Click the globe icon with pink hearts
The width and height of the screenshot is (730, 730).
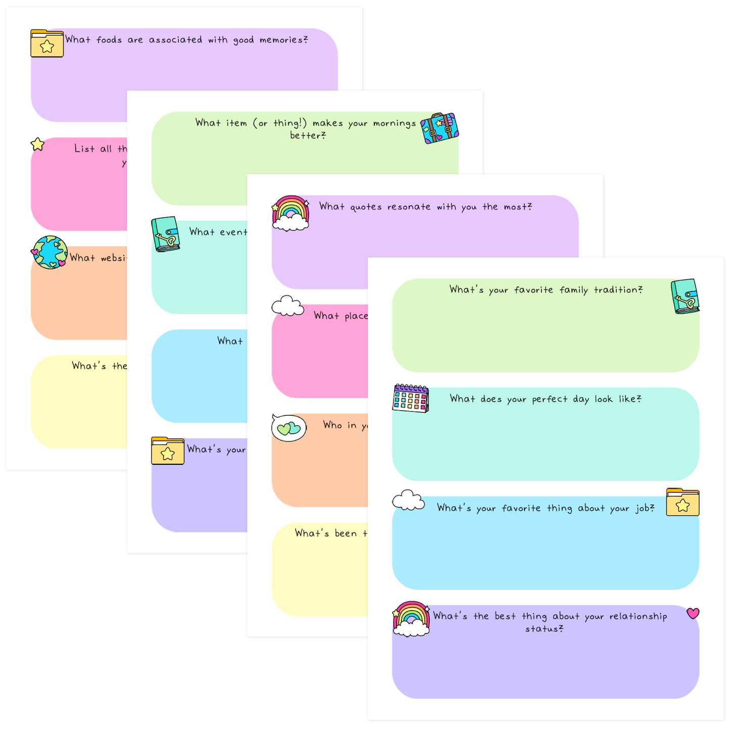50,252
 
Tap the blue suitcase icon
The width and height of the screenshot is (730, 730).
440,128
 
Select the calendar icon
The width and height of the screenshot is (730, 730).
411,398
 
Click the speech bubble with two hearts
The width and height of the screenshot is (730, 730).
289,428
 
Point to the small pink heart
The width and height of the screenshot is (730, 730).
693,613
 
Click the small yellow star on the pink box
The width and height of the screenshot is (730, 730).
38,144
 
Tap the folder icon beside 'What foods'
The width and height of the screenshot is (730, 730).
47,43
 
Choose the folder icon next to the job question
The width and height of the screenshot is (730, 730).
683,502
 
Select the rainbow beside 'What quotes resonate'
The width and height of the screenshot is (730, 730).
290,213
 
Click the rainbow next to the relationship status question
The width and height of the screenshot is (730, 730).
411,618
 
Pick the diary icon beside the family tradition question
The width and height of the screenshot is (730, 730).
685,296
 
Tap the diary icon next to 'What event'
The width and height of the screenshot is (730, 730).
166,234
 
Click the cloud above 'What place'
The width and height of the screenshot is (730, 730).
287,306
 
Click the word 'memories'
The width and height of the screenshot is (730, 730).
281,40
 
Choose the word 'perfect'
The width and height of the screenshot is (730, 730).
550,400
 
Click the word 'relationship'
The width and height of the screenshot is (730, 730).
638,616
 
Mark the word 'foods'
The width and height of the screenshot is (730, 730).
109,40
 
